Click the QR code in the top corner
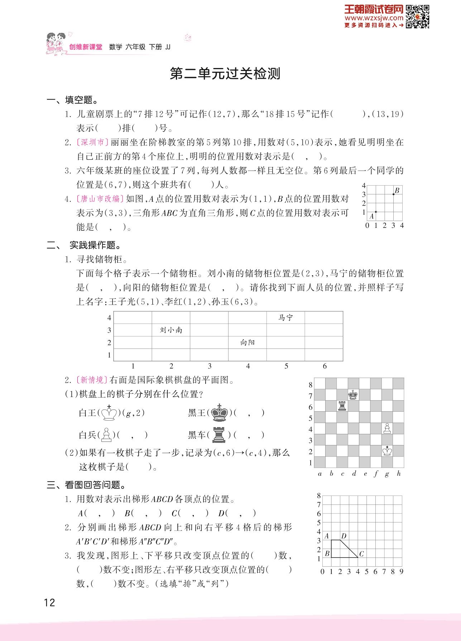pos(418,16)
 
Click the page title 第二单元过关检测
pos(225,74)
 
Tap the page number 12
pos(49,602)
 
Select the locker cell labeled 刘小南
pos(171,330)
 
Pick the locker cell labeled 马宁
pos(285,318)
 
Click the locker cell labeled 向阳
pos(248,343)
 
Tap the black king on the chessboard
pos(353,394)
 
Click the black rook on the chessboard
pos(342,406)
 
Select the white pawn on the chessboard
pos(387,428)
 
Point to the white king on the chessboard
pos(387,450)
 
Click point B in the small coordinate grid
pos(393,194)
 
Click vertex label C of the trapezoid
pos(361,554)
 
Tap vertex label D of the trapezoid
pos(344,536)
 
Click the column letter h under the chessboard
pos(399,474)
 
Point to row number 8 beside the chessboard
pos(311,385)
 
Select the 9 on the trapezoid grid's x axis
pos(402,571)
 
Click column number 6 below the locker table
pos(325,366)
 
